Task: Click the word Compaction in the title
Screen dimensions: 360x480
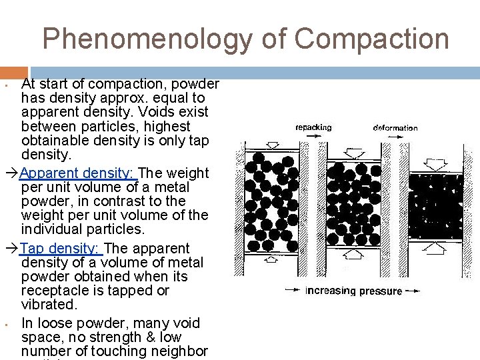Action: coord(371,39)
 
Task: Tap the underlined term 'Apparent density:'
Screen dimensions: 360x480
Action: coord(78,173)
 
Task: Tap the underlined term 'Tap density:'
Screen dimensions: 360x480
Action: coord(60,248)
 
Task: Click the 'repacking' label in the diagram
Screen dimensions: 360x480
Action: coord(313,127)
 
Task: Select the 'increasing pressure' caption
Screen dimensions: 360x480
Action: coord(353,291)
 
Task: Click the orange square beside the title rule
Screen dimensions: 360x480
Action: coord(13,73)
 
